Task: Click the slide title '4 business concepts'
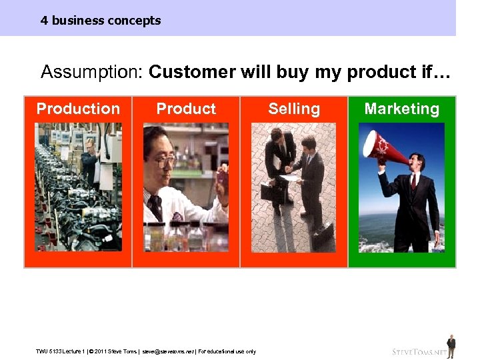pos(101,20)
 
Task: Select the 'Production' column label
pos(78,109)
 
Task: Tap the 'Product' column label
pos(186,109)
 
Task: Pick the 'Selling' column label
pos(294,109)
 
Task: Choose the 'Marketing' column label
pos(402,109)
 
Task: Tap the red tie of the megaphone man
pos(414,181)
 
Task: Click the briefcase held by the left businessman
pos(269,193)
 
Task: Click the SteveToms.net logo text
pos(418,351)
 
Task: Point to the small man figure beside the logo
pos(451,346)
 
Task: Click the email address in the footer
pos(167,351)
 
